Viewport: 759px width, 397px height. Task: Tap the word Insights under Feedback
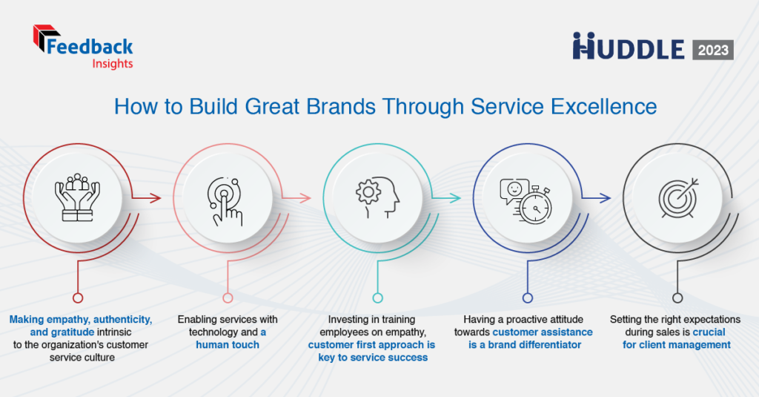coord(113,64)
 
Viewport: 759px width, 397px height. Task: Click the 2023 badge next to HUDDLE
coord(712,50)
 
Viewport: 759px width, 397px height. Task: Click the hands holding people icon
coord(78,197)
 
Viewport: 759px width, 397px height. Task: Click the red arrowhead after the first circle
coord(156,198)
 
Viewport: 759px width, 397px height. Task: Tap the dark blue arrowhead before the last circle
coord(605,198)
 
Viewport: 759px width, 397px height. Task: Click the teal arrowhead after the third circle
coord(456,198)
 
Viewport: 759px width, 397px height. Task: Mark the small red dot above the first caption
coord(77,298)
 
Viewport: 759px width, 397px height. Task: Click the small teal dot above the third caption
coord(377,298)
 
